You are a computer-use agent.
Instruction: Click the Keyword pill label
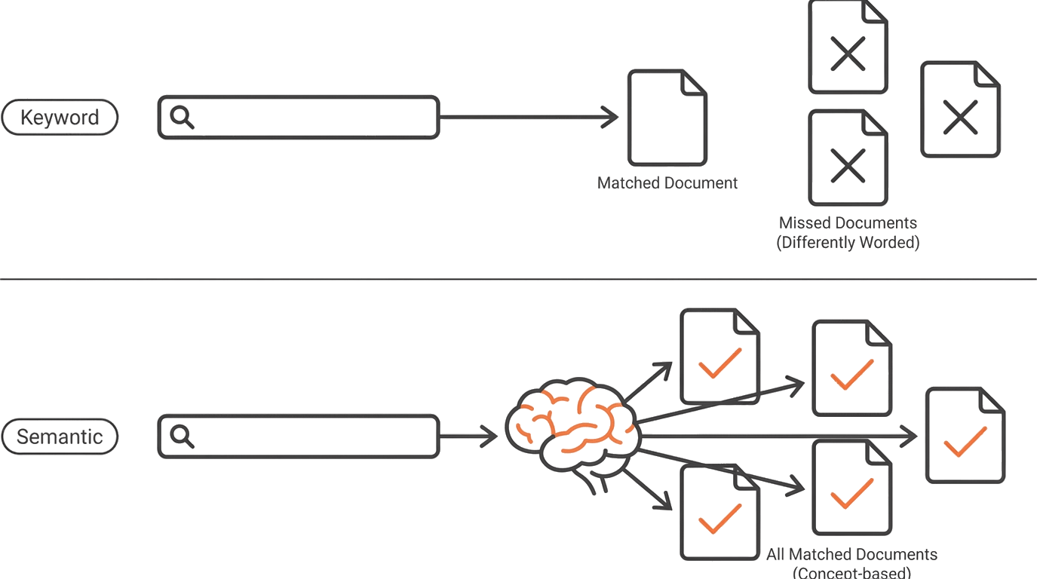coord(60,118)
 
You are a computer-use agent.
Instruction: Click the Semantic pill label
coord(60,437)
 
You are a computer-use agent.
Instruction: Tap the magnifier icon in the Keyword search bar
coord(182,117)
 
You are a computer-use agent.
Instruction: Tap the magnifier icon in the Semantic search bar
coord(182,437)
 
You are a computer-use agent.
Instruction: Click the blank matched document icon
coord(667,118)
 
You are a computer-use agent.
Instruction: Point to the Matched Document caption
coord(667,183)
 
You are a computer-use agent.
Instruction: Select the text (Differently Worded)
coord(848,243)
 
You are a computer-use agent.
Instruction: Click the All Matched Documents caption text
coord(851,554)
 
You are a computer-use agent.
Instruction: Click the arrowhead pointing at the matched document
coord(609,117)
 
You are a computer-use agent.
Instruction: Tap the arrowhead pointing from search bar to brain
coord(489,437)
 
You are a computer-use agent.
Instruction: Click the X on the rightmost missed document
coord(960,117)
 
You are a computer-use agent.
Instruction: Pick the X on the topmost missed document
coord(848,54)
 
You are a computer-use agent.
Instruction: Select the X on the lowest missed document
coord(848,166)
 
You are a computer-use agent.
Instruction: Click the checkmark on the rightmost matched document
coord(965,442)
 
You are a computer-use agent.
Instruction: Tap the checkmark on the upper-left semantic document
coord(720,363)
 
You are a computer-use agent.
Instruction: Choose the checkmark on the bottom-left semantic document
coord(720,519)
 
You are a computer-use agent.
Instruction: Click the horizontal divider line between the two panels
coord(519,279)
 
